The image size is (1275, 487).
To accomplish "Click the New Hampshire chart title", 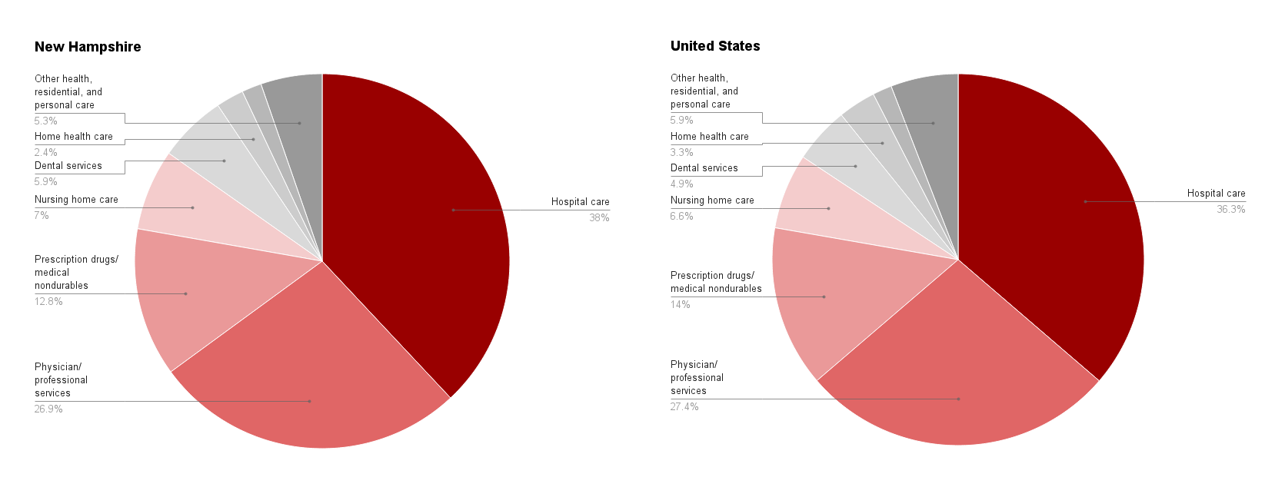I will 88,47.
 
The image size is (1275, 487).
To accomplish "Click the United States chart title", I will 715,46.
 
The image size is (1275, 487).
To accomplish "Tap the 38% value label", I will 599,218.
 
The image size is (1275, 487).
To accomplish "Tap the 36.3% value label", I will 1230,210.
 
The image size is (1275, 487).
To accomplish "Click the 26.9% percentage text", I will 48,409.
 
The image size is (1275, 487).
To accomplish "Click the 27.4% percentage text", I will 684,407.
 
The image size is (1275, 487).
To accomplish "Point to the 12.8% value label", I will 48,302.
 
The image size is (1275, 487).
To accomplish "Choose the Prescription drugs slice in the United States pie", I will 838,300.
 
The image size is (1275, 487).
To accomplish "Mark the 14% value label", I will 680,305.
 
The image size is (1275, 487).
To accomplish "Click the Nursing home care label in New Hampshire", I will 76,200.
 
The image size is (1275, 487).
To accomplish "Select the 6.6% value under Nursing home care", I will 681,217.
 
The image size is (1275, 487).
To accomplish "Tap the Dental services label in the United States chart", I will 704,168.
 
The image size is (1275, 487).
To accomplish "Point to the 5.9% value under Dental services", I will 45,182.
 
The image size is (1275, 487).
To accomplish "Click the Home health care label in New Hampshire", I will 73,137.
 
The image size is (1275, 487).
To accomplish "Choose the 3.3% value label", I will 681,153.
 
